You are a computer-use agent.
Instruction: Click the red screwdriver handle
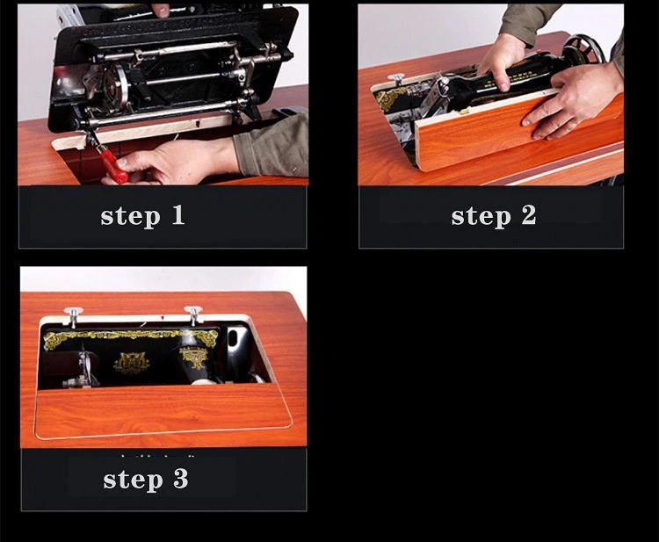pyautogui.click(x=113, y=164)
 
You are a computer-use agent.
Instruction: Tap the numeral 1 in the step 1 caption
pyautogui.click(x=178, y=214)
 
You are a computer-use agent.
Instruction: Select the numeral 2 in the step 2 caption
pyautogui.click(x=529, y=214)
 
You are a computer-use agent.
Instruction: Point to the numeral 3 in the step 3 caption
pyautogui.click(x=181, y=478)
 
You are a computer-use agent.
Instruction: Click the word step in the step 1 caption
pyautogui.click(x=131, y=218)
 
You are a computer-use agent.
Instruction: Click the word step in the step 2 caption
pyautogui.click(x=482, y=218)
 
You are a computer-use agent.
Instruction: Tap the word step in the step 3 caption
pyautogui.click(x=134, y=481)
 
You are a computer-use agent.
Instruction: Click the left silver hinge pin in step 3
pyautogui.click(x=74, y=316)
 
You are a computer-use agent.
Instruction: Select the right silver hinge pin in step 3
pyautogui.click(x=193, y=315)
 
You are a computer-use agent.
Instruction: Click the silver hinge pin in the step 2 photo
pyautogui.click(x=396, y=79)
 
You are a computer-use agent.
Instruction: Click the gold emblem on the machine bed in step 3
pyautogui.click(x=131, y=362)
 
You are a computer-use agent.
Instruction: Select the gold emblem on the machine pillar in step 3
pyautogui.click(x=194, y=358)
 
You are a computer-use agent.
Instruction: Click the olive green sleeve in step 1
pyautogui.click(x=272, y=145)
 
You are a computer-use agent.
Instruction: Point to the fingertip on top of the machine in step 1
pyautogui.click(x=161, y=10)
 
